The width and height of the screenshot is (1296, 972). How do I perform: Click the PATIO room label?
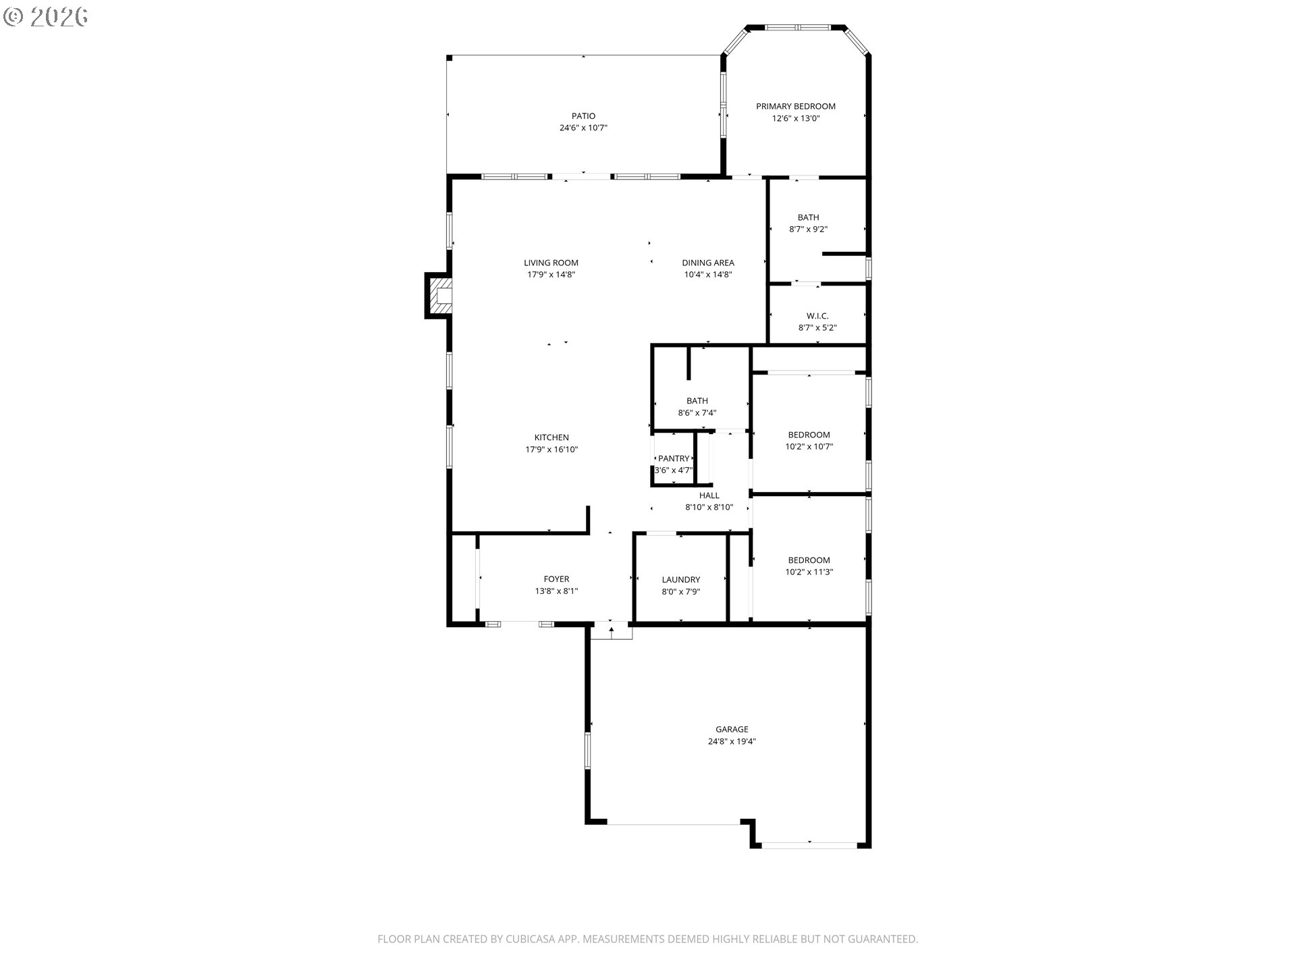pyautogui.click(x=583, y=116)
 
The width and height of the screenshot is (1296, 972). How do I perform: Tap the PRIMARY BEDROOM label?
pyautogui.click(x=795, y=106)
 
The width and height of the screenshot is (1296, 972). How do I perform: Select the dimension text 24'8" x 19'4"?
pyautogui.click(x=732, y=741)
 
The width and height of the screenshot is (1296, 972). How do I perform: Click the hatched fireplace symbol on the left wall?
pyautogui.click(x=439, y=296)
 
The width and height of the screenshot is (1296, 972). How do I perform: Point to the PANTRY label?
pyautogui.click(x=673, y=458)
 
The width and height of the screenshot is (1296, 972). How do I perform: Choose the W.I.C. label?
pyautogui.click(x=817, y=316)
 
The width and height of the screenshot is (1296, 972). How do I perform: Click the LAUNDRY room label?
pyautogui.click(x=680, y=579)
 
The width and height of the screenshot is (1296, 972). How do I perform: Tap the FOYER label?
pyautogui.click(x=556, y=578)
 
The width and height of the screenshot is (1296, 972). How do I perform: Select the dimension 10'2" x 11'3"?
pyautogui.click(x=809, y=572)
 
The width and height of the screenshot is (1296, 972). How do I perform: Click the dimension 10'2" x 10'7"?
pyautogui.click(x=809, y=446)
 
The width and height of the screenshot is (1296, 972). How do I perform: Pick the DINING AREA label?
pyautogui.click(x=707, y=263)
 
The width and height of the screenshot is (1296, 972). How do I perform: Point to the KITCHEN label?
pyautogui.click(x=551, y=437)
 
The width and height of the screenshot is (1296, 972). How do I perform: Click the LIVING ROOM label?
pyautogui.click(x=551, y=263)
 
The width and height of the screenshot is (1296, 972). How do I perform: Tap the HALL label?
pyautogui.click(x=709, y=495)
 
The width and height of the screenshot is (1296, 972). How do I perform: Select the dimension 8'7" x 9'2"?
pyautogui.click(x=808, y=229)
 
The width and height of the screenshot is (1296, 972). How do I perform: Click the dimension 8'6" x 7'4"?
pyautogui.click(x=697, y=412)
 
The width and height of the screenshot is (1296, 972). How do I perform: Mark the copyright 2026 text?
pyautogui.click(x=45, y=17)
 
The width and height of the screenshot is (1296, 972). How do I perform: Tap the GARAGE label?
pyautogui.click(x=732, y=729)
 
